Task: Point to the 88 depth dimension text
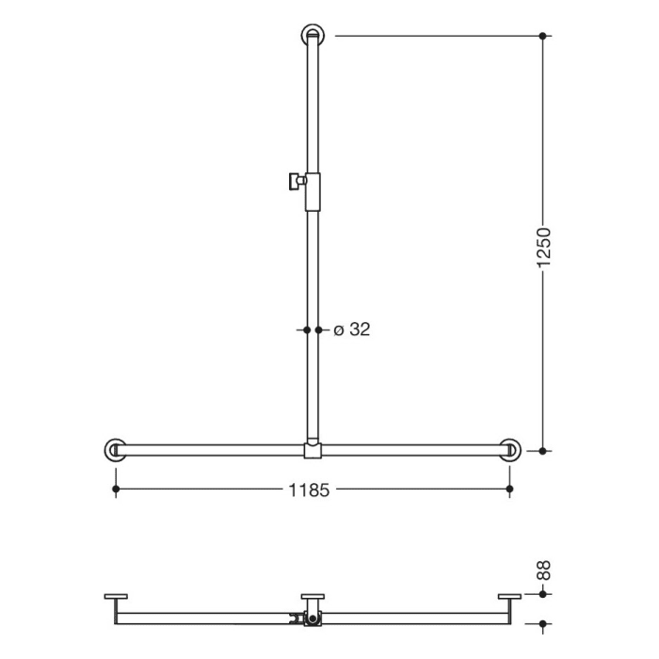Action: pyautogui.click(x=544, y=571)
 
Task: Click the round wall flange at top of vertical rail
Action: pyautogui.click(x=313, y=37)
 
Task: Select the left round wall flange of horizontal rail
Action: pyautogui.click(x=116, y=450)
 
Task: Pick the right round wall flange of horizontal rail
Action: pyautogui.click(x=510, y=450)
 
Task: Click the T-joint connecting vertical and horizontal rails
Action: pyautogui.click(x=313, y=450)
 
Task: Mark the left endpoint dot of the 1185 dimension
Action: pyautogui.click(x=116, y=490)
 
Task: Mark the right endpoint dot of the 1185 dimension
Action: pyautogui.click(x=510, y=490)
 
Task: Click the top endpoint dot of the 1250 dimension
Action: pyautogui.click(x=543, y=36)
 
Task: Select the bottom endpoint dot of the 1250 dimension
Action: pyautogui.click(x=543, y=451)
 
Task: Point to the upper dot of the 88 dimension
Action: pyautogui.click(x=543, y=595)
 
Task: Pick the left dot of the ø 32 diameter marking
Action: pyautogui.click(x=305, y=329)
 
